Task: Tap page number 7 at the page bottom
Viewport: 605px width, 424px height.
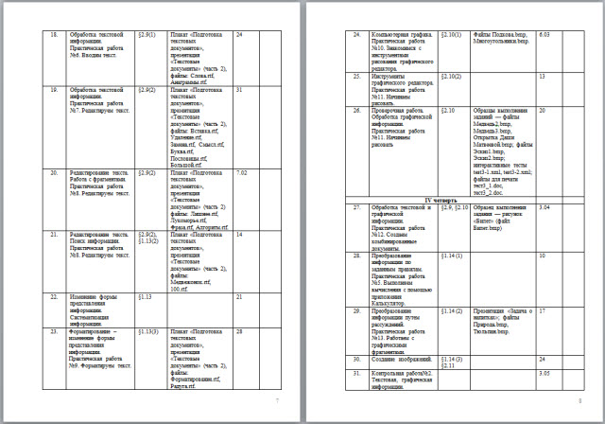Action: (x=277, y=401)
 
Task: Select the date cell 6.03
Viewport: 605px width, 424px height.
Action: (x=544, y=33)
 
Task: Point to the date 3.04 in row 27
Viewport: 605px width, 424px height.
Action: (x=544, y=206)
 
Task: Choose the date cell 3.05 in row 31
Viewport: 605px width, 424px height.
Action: (x=544, y=374)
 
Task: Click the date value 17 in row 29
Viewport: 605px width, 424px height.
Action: (x=543, y=309)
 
